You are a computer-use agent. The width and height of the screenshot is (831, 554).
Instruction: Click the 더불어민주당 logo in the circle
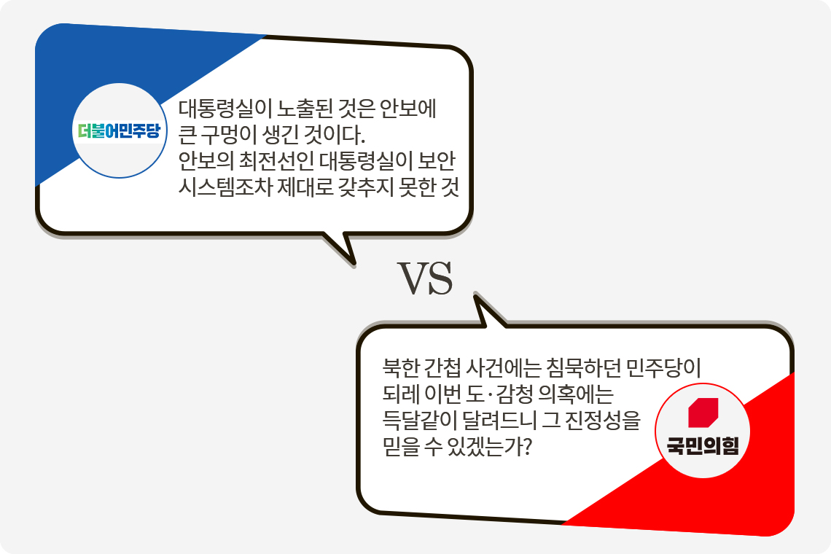[x=119, y=131]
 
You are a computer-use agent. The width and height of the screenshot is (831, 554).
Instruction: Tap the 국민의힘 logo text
[x=703, y=446]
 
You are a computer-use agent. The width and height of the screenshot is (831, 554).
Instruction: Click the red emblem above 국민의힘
[x=703, y=413]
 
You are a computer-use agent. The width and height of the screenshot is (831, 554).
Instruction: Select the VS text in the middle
[x=426, y=279]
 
